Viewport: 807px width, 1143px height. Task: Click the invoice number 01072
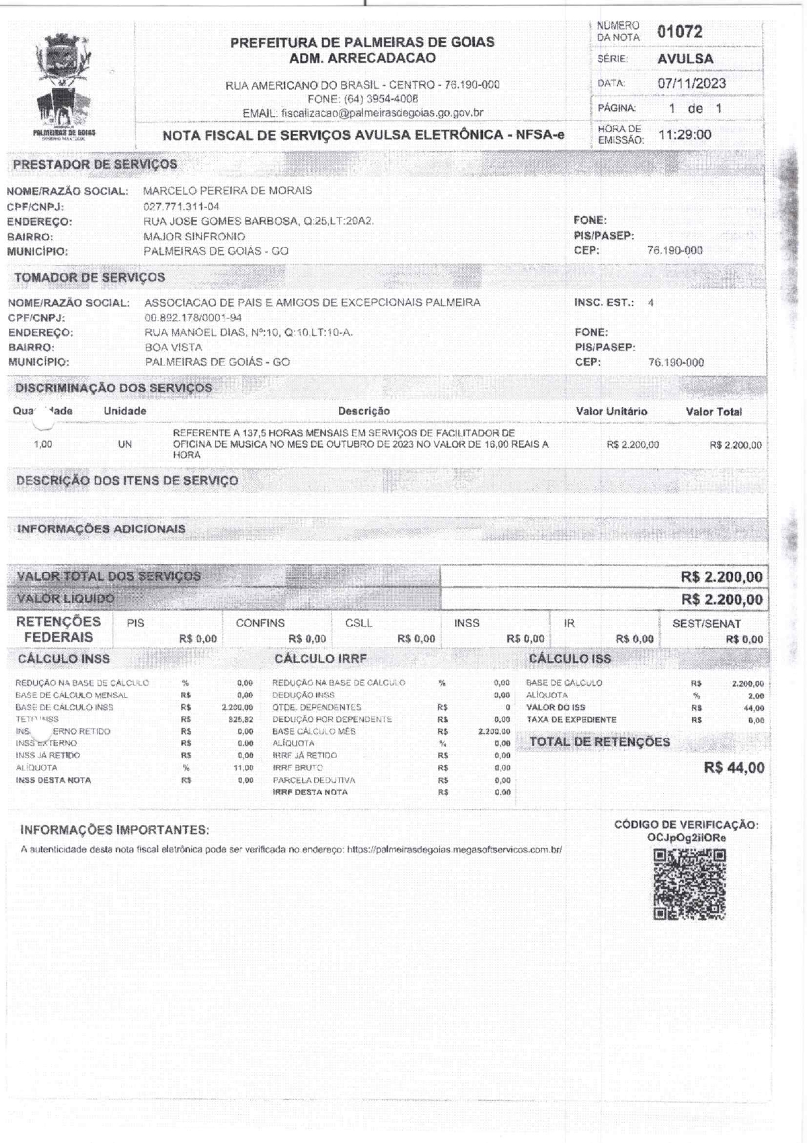(x=679, y=32)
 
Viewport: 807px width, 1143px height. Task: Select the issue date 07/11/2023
(x=692, y=83)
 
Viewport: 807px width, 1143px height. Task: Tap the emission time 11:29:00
(x=685, y=135)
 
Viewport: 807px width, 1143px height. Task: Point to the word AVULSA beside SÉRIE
(x=685, y=59)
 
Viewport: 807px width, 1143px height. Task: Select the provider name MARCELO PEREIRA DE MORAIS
(x=227, y=191)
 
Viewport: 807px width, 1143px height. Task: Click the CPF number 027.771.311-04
(x=182, y=206)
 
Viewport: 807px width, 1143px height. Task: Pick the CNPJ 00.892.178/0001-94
(x=193, y=318)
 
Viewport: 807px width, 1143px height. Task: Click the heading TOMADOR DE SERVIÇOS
(x=90, y=277)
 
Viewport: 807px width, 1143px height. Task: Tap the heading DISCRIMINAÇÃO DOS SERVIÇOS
(x=114, y=388)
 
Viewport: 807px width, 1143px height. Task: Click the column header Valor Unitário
(x=611, y=412)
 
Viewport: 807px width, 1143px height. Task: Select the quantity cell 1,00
(x=43, y=445)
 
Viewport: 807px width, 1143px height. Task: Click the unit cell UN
(x=124, y=445)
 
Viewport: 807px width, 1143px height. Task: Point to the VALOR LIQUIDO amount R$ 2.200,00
(x=722, y=599)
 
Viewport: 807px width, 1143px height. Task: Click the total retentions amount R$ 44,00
(x=734, y=768)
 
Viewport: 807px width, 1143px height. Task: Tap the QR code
(x=689, y=884)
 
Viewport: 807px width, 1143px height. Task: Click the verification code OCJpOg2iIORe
(x=687, y=838)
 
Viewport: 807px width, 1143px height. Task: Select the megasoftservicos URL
(x=454, y=850)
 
